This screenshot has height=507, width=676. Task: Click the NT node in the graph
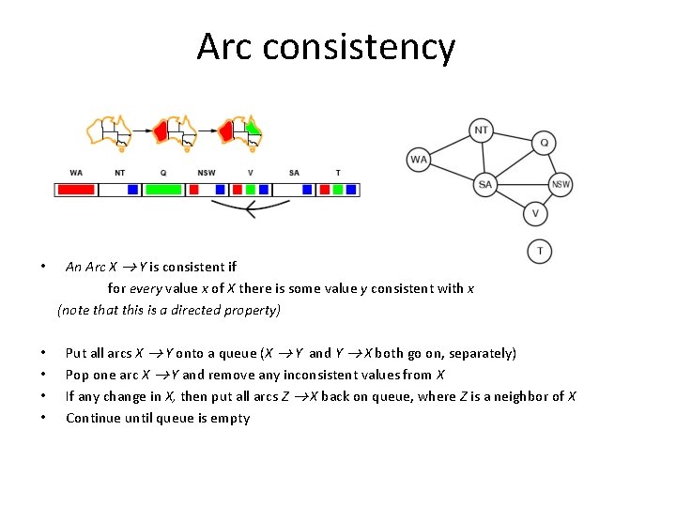coord(482,131)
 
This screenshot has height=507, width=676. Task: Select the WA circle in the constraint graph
coord(419,159)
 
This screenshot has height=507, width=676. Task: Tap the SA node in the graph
coord(484,185)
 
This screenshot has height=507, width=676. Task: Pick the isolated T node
coord(540,251)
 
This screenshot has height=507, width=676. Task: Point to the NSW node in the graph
coord(561,185)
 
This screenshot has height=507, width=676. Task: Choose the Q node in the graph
coord(544,144)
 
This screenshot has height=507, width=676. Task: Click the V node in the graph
coord(535,214)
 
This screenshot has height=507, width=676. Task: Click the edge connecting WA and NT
coord(450,145)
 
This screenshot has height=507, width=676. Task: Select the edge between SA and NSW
coord(522,185)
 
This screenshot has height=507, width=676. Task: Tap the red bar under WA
coord(76,190)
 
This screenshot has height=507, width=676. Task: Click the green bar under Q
coord(163,190)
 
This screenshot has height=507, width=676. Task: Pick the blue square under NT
coord(132,190)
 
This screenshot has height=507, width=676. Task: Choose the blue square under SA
coord(307,190)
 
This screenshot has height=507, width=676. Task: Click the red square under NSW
coord(194,190)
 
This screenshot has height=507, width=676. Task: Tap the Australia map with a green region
coord(238,133)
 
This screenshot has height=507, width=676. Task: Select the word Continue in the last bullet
coord(91,419)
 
